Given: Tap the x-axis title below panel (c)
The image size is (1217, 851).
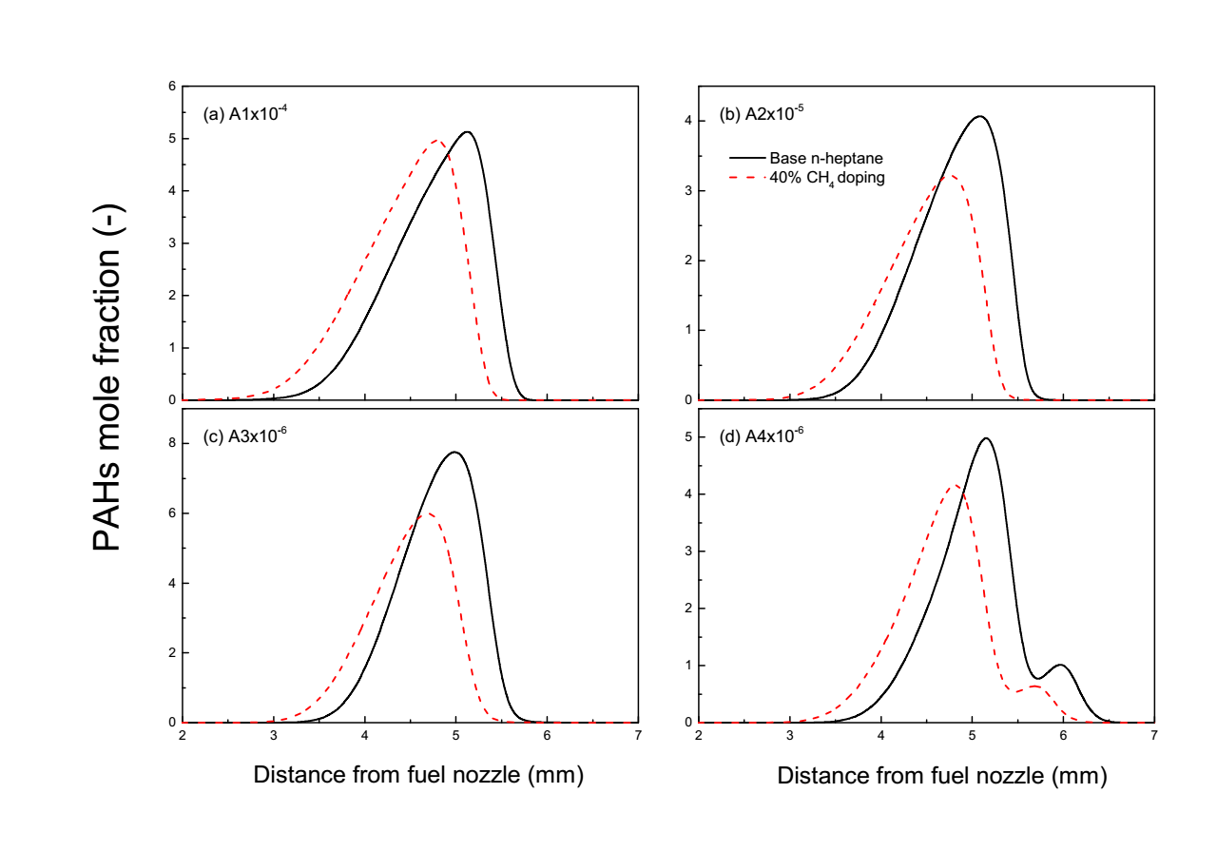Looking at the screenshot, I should click(418, 776).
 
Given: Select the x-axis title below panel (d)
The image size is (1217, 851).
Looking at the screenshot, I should click(941, 776).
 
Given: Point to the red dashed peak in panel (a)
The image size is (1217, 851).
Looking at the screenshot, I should click(437, 141).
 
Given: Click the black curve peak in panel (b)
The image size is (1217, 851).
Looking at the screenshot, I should click(978, 116).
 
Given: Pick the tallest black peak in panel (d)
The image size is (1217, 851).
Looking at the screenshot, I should click(985, 438).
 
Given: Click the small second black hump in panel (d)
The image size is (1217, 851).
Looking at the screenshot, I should click(1060, 665).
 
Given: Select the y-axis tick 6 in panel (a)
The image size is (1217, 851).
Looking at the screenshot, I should click(172, 87).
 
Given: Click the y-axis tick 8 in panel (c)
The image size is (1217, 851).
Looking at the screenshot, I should click(172, 443).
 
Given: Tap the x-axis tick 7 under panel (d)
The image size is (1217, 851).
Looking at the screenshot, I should click(1153, 736).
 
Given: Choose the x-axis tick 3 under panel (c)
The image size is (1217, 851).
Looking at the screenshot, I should click(274, 736).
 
